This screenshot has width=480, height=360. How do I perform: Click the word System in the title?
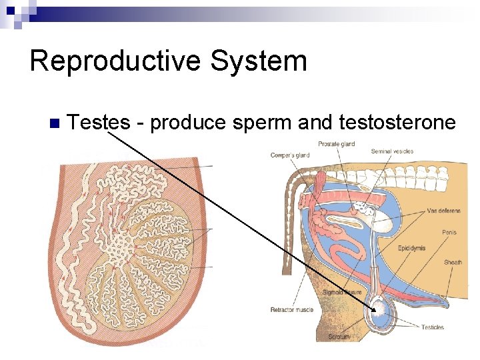pos(258,61)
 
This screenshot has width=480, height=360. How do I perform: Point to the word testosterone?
pos(397,123)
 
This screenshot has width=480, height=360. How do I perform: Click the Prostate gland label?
pos(336,144)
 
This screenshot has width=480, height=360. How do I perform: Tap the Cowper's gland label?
pos(290,155)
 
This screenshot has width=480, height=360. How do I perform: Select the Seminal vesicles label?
pos(392,151)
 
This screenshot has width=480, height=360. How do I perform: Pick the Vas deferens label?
pos(443,211)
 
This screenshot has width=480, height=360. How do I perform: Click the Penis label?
pos(449,233)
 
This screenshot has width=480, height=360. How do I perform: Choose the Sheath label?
pos(453,263)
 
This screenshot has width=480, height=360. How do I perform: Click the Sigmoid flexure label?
pos(342,293)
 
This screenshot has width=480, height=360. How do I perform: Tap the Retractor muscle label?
pos(292,310)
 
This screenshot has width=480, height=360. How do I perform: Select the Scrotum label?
pos(339,337)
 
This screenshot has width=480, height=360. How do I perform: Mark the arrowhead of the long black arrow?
pos(375,310)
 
